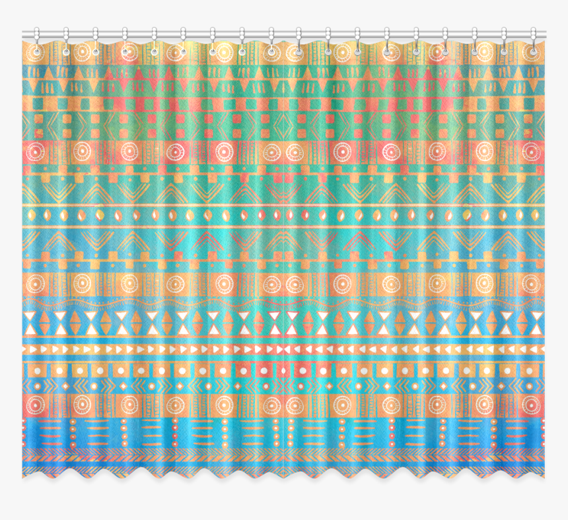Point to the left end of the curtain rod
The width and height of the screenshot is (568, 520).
24,34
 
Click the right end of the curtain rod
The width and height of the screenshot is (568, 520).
545,34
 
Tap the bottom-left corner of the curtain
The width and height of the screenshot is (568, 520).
23,474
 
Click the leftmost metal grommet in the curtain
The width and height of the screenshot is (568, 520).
36,50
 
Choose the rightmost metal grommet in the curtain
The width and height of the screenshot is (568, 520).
532,50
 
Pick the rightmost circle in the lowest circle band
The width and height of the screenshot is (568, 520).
530,405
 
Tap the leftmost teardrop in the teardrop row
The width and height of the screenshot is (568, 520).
29,216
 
